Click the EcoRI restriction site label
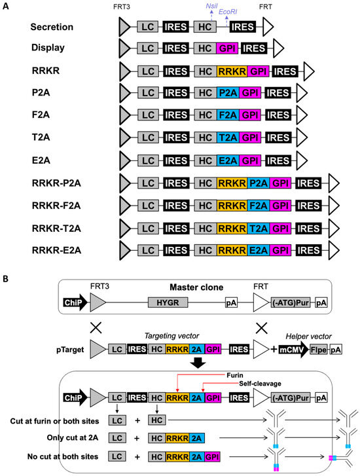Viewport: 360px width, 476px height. pos(234,12)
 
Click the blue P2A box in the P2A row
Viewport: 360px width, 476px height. pos(228,92)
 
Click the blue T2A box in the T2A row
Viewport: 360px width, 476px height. pos(228,136)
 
